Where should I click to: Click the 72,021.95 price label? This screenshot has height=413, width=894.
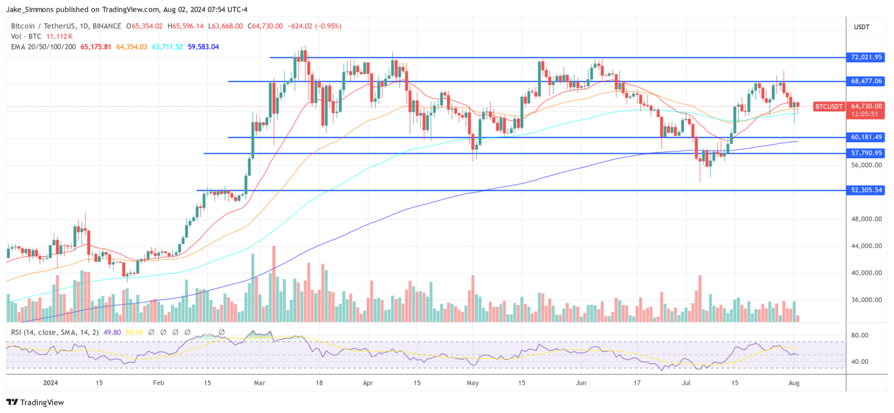pos(867,58)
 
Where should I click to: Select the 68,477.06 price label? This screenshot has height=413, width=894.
pos(867,81)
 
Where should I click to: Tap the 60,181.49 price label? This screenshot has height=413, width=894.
pos(867,137)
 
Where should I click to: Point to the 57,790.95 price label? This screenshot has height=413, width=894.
pos(867,153)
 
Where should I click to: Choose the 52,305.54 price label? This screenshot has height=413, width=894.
pos(867,190)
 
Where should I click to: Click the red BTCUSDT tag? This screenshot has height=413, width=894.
pos(829,107)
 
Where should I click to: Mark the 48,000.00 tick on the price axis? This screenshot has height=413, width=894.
pos(866,219)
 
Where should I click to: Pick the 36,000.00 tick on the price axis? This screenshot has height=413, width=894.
pos(866,300)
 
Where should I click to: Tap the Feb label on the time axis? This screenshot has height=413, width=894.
pos(158,383)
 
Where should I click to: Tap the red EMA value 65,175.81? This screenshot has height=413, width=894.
pos(97,47)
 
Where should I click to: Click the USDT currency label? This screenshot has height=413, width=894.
pos(861,26)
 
